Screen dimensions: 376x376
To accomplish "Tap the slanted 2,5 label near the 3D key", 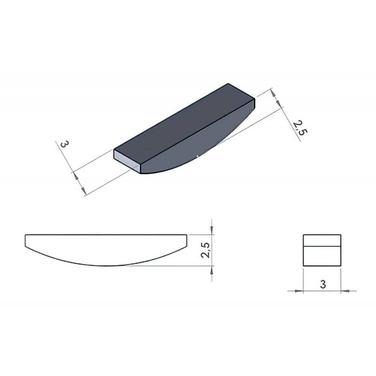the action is pyautogui.click(x=300, y=128).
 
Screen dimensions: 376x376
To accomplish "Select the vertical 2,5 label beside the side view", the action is pyautogui.click(x=206, y=250).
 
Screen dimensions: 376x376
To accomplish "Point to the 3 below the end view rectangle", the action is pyautogui.click(x=323, y=284).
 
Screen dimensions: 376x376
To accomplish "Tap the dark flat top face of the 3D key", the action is pyautogui.click(x=184, y=124).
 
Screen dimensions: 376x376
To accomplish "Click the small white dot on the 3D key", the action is pyautogui.click(x=197, y=156).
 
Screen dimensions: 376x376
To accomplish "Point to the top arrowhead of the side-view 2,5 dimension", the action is pyautogui.click(x=211, y=230).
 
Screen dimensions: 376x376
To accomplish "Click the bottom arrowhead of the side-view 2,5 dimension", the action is pyautogui.click(x=211, y=270).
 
